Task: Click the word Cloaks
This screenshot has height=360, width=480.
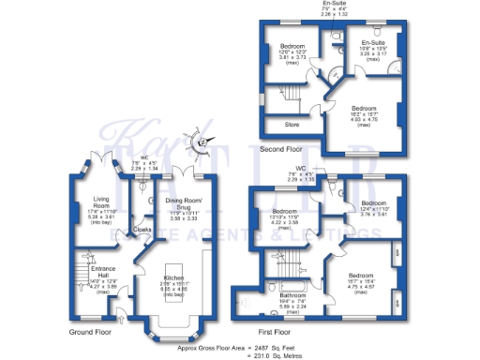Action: point(142,228)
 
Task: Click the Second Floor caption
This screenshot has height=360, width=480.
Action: point(281,148)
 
